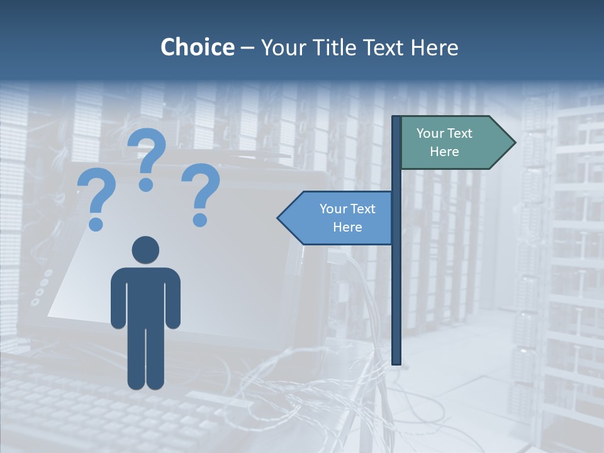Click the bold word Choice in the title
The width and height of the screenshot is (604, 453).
[197, 47]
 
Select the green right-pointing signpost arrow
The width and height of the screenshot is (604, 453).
[453, 143]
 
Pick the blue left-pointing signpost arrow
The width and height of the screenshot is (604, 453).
[340, 218]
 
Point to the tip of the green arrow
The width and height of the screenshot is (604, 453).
[514, 143]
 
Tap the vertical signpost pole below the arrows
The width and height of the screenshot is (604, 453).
[396, 302]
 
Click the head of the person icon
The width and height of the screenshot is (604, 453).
[145, 250]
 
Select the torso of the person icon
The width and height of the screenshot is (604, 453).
[145, 296]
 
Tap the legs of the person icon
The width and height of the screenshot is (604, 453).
[145, 359]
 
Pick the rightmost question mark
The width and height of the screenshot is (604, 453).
[201, 192]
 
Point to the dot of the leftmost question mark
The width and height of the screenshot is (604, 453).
[96, 224]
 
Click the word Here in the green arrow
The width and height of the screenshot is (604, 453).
[444, 152]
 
